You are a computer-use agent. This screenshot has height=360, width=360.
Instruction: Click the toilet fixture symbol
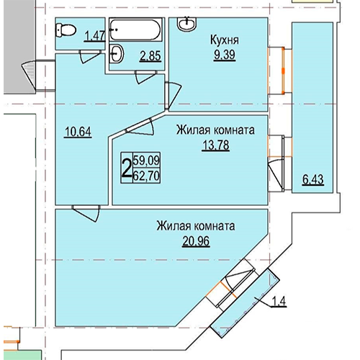(x=66, y=30)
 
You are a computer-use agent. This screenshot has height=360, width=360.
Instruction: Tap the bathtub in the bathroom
(x=135, y=30)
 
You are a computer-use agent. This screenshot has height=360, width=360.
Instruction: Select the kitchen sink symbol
(x=187, y=24)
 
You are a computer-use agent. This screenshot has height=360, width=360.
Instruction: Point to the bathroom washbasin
(x=117, y=53)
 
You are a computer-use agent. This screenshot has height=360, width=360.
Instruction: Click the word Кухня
(x=225, y=40)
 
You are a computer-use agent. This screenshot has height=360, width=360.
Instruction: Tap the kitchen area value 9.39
(x=225, y=55)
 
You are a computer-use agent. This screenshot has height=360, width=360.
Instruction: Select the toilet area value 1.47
(x=95, y=37)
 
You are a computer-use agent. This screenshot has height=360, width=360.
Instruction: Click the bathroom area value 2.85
(x=150, y=56)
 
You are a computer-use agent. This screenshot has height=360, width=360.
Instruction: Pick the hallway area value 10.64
(x=78, y=132)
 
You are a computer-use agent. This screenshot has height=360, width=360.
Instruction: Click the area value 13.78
(x=216, y=145)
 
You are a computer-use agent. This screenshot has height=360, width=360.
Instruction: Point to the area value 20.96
(x=196, y=241)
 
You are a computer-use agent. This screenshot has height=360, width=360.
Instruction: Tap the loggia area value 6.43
(x=312, y=180)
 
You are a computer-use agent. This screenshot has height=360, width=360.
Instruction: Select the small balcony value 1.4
(x=279, y=302)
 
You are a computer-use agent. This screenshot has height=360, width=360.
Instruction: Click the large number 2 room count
(x=127, y=168)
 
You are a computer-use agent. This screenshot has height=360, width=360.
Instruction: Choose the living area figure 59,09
(x=146, y=160)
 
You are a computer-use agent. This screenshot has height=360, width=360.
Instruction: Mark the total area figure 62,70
(x=146, y=176)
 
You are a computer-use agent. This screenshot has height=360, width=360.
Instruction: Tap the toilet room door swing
(x=89, y=57)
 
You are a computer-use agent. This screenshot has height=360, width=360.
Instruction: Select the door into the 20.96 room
(x=86, y=213)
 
